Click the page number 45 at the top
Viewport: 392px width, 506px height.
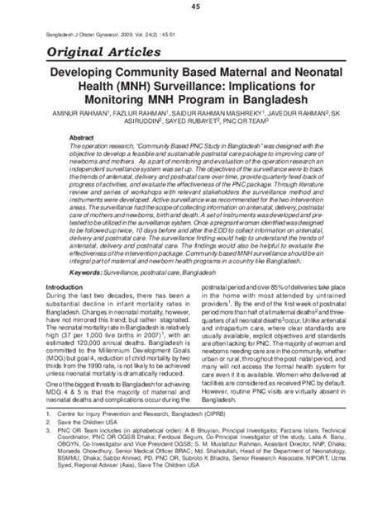point(195,7)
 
